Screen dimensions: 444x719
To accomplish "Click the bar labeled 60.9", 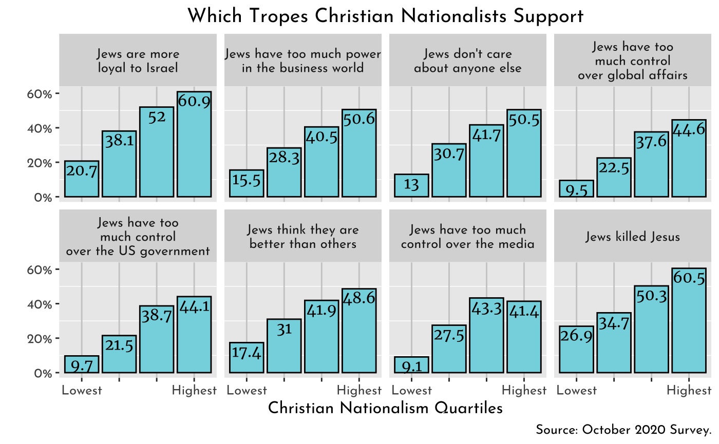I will (194, 149).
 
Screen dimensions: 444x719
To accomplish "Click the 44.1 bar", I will (194, 339).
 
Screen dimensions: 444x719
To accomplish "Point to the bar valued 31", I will (284, 349).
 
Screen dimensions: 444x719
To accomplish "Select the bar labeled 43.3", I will (486, 339).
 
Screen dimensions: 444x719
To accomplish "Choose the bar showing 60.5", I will (689, 323).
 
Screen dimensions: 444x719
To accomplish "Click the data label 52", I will (157, 118).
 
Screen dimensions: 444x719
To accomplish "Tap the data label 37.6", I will (651, 142).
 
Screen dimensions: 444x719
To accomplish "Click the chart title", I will (385, 16).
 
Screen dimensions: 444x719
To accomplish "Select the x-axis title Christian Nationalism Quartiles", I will (385, 408).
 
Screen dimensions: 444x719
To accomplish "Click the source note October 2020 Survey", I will (623, 430).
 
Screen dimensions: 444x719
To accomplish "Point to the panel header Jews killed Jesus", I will (633, 237).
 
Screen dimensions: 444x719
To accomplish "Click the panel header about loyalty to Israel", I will (138, 61).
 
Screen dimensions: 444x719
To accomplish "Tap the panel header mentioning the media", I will (467, 237).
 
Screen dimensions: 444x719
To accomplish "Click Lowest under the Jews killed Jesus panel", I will (576, 391).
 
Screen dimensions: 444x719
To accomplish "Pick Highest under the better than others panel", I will (359, 391).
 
